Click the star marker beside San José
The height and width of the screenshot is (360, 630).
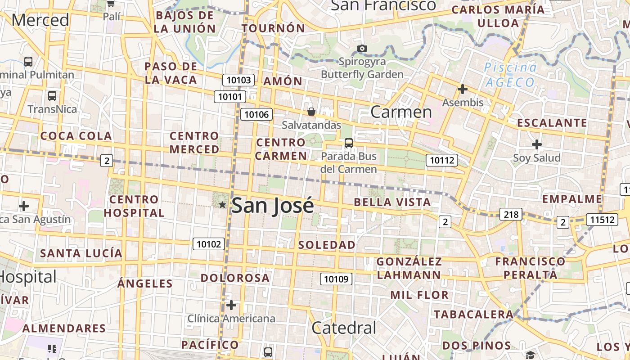point(222,205)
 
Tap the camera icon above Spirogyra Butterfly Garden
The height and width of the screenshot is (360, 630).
point(362,48)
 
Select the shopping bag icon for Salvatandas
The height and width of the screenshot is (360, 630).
point(311,111)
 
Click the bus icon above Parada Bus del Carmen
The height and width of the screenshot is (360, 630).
point(348,143)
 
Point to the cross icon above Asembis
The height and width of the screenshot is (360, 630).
point(462,89)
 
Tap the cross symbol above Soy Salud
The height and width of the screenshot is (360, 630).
point(536,144)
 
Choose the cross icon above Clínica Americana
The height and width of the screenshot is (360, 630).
point(231,305)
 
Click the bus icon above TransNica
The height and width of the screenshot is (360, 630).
point(52,96)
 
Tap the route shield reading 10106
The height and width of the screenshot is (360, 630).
point(256,114)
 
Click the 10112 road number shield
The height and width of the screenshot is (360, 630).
point(442,160)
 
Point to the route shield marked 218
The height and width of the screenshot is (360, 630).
point(511,214)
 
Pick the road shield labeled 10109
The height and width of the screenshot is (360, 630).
point(336,279)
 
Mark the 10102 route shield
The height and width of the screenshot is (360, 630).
point(209,244)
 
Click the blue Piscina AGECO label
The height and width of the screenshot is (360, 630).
point(510,75)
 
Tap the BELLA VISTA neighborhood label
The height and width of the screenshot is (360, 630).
point(392,202)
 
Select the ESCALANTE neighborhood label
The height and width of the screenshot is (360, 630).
point(552,123)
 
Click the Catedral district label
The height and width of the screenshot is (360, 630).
point(344,328)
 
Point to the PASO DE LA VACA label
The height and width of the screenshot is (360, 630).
point(171,73)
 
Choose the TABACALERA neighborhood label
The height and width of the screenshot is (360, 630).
point(473,314)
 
